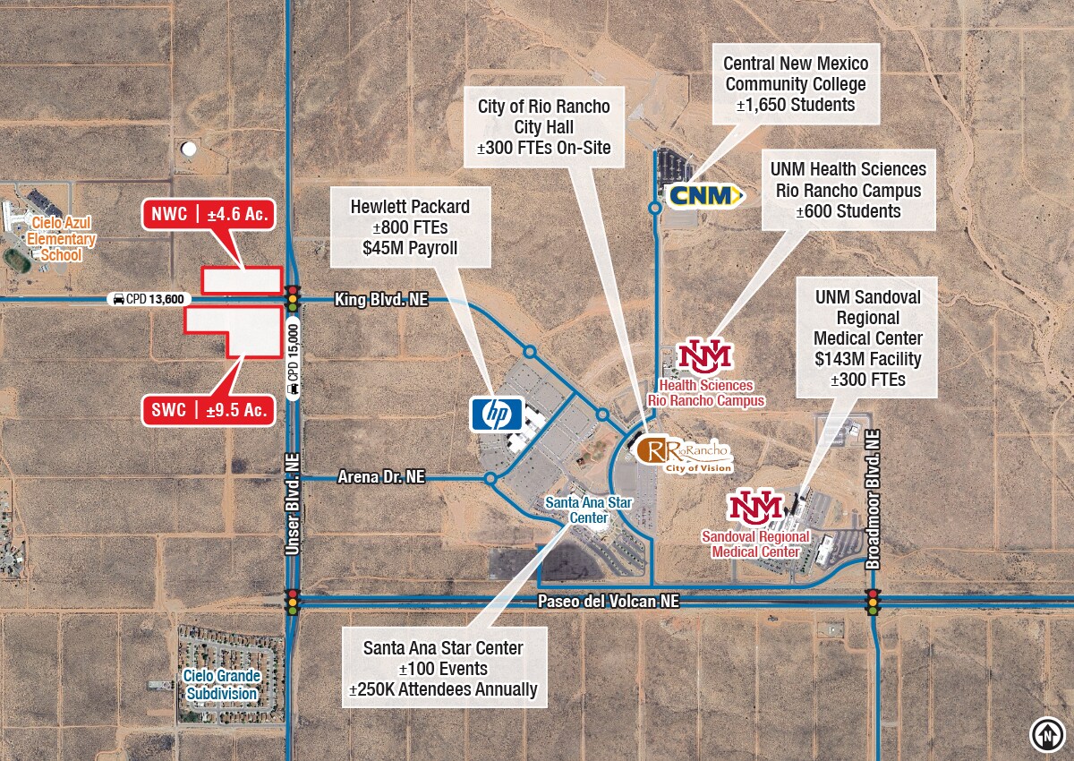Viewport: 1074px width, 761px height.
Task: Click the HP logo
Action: [x=496, y=415]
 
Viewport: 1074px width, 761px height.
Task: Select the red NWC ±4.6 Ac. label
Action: [x=207, y=216]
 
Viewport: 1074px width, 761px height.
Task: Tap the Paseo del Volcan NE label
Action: [x=608, y=602]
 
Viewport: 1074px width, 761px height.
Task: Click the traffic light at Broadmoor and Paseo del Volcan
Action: [x=873, y=602]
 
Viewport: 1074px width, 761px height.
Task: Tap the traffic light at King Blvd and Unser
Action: [x=292, y=298]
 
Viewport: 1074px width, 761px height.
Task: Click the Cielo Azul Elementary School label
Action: [x=61, y=239]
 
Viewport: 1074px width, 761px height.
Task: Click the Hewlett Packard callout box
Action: [x=410, y=227]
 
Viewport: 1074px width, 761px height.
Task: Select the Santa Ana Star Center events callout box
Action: [x=443, y=667]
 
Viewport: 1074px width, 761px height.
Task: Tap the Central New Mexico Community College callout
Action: [x=796, y=84]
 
